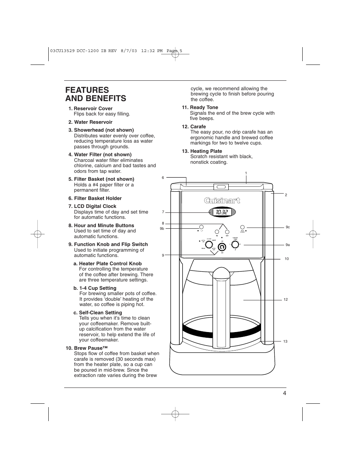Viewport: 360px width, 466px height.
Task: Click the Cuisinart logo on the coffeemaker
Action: (222, 201)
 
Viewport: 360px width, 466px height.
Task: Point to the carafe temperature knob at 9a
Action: (235, 245)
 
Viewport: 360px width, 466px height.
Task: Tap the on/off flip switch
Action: (222, 246)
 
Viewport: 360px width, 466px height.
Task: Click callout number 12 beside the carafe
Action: (286, 300)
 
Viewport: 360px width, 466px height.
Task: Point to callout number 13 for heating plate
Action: (285, 341)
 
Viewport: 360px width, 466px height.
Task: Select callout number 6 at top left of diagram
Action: (163, 178)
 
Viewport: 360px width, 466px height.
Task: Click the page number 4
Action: (284, 393)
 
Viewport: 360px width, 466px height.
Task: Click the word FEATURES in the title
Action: (87, 90)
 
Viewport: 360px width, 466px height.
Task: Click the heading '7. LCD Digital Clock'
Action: (92, 206)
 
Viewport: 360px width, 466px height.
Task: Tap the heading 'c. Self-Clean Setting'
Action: (98, 313)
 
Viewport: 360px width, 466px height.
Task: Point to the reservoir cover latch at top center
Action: (221, 186)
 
